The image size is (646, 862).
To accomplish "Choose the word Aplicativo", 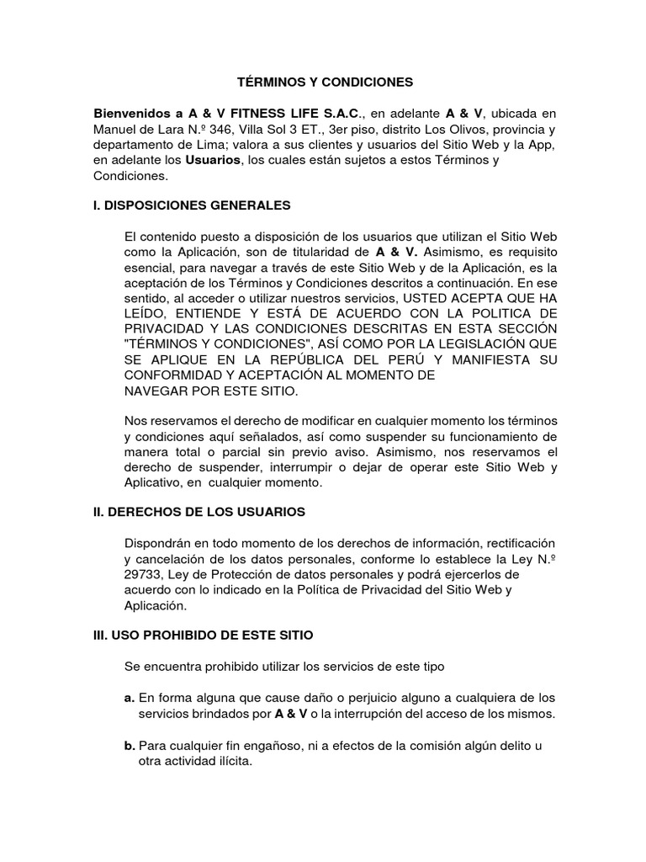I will [x=152, y=484].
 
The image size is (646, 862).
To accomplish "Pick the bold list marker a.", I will [x=129, y=697].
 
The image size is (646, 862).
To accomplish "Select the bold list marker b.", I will [x=129, y=745].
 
